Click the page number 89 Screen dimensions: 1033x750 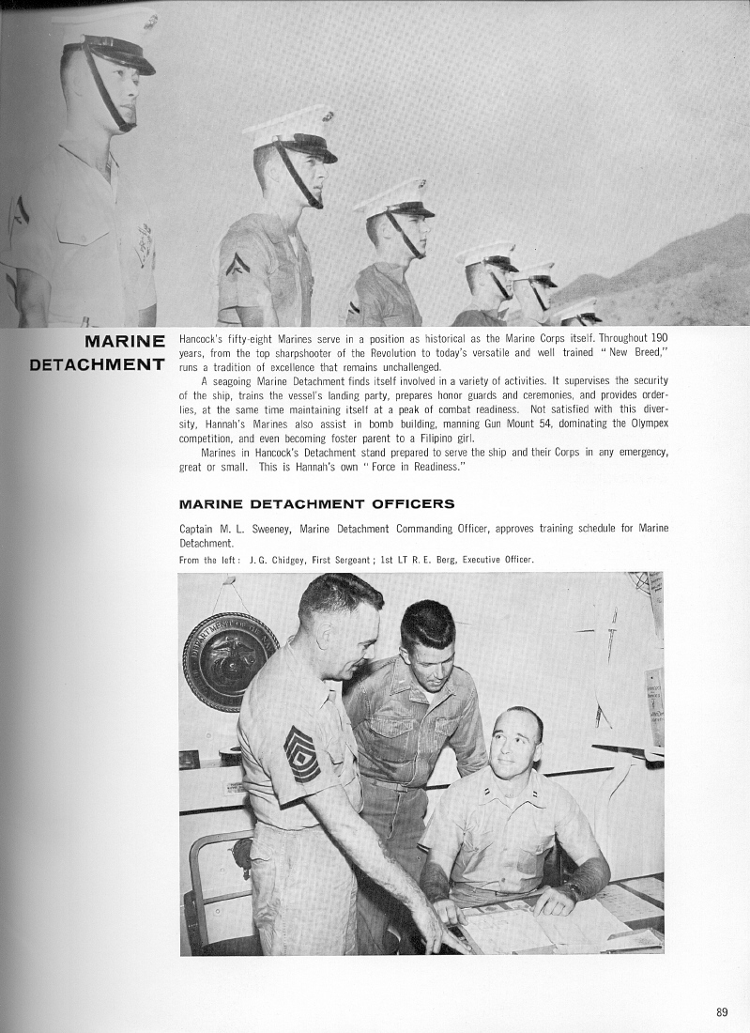click(721, 1011)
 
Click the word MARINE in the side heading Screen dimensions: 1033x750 click(124, 340)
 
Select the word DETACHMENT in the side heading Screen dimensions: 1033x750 click(98, 363)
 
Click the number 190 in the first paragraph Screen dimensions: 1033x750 click(659, 335)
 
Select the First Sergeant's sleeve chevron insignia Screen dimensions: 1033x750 click(301, 753)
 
